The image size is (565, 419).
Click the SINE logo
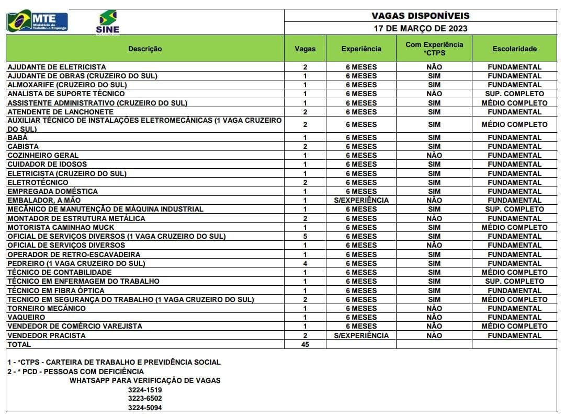point(108,22)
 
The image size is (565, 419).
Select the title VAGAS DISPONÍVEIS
point(421,16)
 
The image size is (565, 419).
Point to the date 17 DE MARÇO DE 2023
point(421,28)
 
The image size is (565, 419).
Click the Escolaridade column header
point(514,49)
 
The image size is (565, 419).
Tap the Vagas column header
point(305,49)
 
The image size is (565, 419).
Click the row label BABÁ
point(18,137)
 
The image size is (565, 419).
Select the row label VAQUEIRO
point(26,317)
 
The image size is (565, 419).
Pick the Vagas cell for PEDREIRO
point(305,263)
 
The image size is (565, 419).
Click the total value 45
point(305,344)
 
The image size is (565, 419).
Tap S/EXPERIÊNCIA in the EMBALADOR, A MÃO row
point(361,200)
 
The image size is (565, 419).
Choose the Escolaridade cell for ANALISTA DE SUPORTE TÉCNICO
point(514,94)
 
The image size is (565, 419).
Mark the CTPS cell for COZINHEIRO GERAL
point(434,155)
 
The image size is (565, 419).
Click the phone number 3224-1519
point(145,390)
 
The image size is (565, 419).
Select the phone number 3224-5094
point(145,408)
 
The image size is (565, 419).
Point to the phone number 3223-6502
point(145,399)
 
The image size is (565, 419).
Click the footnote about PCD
point(75,371)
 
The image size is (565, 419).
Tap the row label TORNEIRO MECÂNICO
point(47,308)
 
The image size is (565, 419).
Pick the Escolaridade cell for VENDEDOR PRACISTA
point(514,335)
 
